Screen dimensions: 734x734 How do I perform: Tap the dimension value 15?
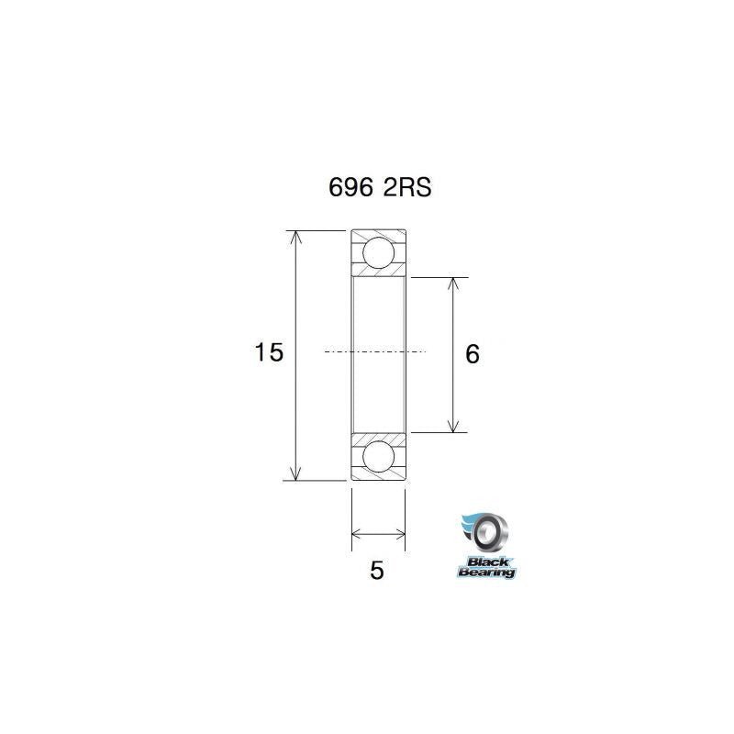(269, 352)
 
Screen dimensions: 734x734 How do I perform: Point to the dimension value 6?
(473, 354)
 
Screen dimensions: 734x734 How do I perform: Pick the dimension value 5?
(376, 571)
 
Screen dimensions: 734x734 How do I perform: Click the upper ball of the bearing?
(377, 251)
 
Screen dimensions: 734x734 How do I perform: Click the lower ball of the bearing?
(377, 456)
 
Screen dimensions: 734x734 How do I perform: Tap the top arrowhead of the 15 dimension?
(295, 237)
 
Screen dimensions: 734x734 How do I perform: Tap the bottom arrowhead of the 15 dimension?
(295, 473)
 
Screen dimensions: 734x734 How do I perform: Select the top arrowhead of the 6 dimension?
(452, 284)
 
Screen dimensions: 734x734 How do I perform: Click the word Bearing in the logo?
(487, 573)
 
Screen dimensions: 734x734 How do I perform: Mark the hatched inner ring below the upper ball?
(377, 272)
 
